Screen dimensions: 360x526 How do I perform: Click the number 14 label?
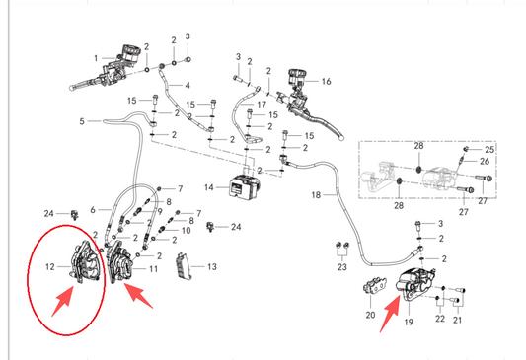pyautogui.click(x=208, y=186)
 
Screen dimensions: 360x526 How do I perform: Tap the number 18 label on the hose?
pyautogui.click(x=316, y=196)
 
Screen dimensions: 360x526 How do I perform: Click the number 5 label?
pyautogui.click(x=83, y=121)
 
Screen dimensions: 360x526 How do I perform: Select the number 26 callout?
pyautogui.click(x=485, y=161)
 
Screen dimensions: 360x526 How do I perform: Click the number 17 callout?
pyautogui.click(x=263, y=104)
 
